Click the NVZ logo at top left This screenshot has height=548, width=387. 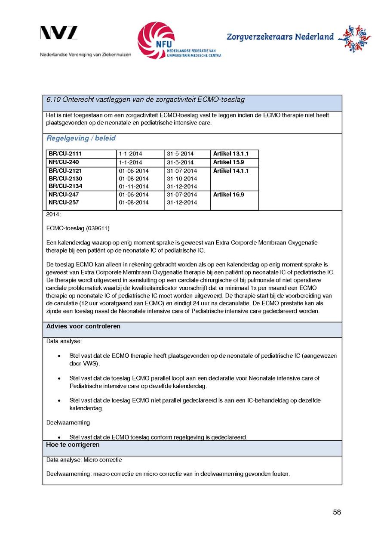click(x=59, y=33)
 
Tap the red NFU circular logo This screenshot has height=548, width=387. click(x=156, y=40)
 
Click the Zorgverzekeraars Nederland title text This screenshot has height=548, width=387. click(x=280, y=37)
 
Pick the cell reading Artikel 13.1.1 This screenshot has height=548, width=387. click(x=230, y=154)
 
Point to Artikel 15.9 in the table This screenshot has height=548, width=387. click(x=228, y=162)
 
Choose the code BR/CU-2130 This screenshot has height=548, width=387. click(x=65, y=179)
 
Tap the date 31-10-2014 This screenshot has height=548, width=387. click(x=182, y=179)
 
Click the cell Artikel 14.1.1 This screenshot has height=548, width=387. click(x=230, y=171)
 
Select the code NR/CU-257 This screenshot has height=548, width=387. click(x=64, y=202)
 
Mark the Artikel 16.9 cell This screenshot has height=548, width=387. click(x=228, y=195)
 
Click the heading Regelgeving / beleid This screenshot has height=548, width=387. click(x=81, y=139)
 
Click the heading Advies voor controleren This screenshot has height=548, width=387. click(x=83, y=326)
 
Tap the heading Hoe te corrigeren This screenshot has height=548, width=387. click(x=73, y=445)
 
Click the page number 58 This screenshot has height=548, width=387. click(x=337, y=512)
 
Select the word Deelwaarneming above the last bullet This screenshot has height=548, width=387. click(x=68, y=423)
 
